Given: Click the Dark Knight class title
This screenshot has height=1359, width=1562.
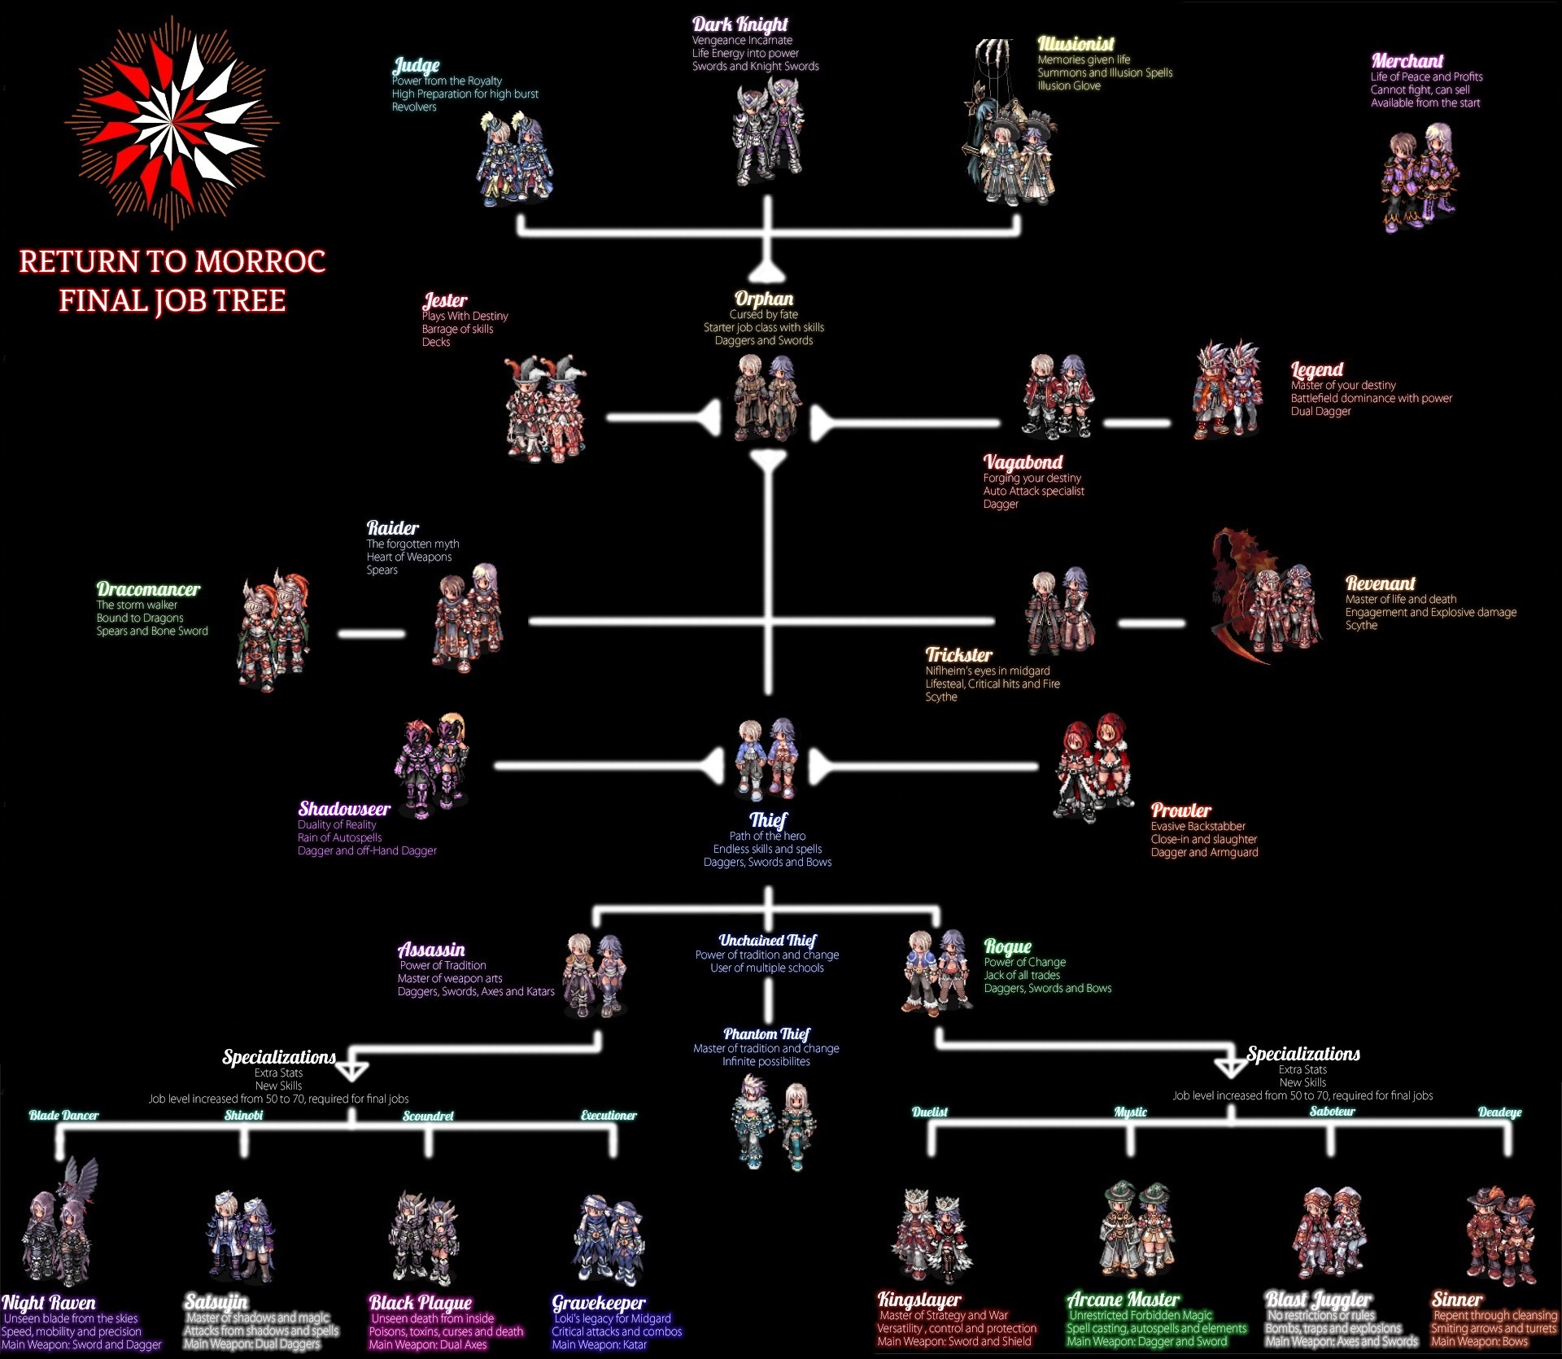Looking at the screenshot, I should tap(740, 24).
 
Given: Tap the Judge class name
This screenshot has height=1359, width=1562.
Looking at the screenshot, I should tap(416, 65).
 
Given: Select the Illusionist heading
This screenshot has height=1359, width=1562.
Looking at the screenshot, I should tap(1076, 44).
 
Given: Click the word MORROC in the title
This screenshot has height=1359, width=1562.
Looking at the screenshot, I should tap(260, 262).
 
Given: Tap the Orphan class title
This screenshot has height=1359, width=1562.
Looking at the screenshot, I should tap(764, 299).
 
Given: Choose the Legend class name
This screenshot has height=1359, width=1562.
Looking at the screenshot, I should tap(1316, 369).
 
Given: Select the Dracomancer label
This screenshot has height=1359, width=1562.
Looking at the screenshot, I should tap(148, 589).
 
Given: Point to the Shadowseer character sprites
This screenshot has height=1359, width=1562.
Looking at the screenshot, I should tap(431, 765).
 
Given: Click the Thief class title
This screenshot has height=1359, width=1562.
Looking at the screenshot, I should tap(768, 819).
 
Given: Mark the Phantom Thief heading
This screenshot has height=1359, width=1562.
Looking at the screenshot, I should tap(766, 1034).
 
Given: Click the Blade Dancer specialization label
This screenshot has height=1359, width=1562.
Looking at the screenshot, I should tap(63, 1116).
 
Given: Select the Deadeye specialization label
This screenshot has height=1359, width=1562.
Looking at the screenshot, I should tap(1499, 1112).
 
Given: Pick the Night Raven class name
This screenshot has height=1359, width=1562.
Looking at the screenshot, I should tap(49, 1303).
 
